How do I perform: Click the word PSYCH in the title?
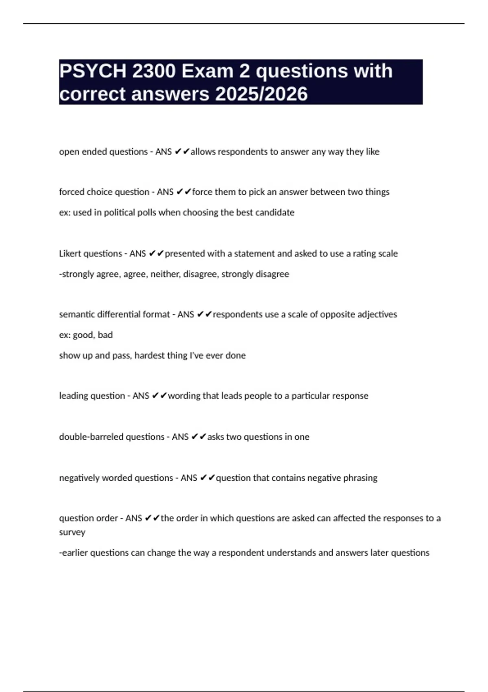(93, 71)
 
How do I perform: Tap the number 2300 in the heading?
(154, 71)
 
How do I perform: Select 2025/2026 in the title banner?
(261, 94)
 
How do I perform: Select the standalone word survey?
(72, 532)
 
